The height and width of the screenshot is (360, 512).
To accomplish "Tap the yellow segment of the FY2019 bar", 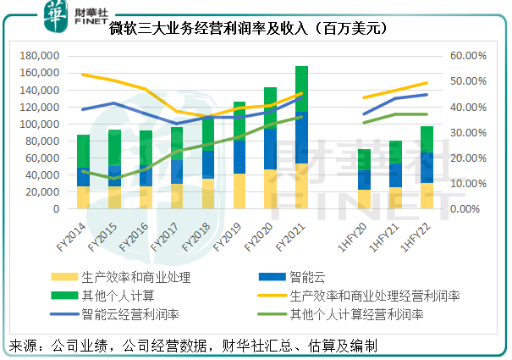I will click(239, 191).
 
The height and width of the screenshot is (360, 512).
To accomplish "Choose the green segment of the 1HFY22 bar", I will click(427, 139).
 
